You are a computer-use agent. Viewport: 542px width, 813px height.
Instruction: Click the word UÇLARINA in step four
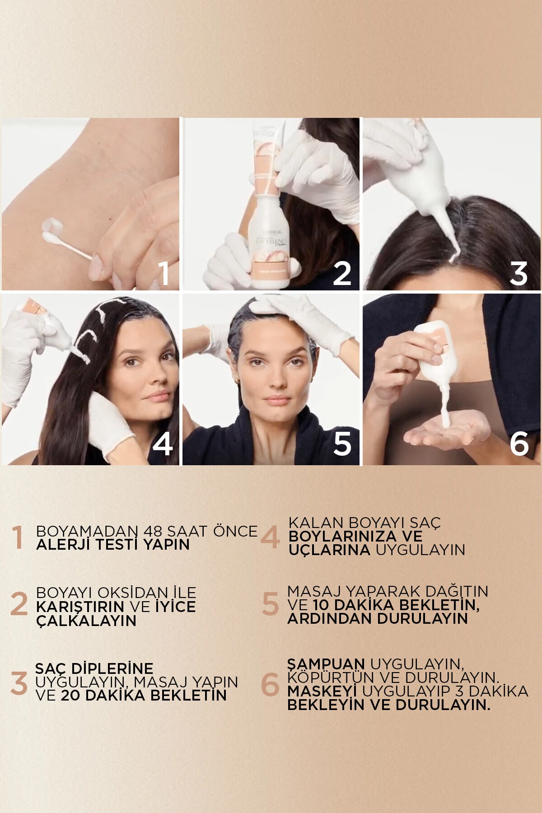click(x=329, y=550)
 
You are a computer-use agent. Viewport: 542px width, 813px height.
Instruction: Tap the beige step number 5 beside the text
click(x=270, y=604)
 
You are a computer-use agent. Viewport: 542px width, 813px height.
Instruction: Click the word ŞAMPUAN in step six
click(x=326, y=664)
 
